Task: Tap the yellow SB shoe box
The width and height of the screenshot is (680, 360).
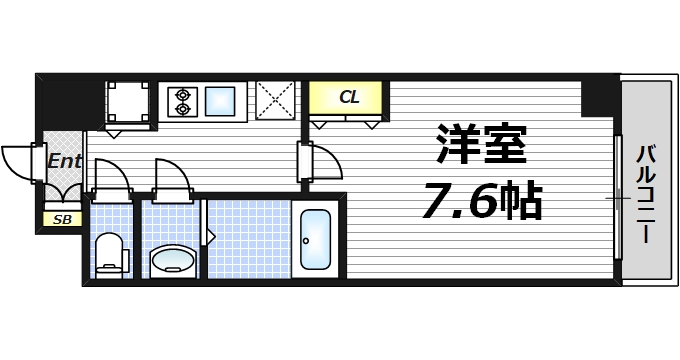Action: [62, 218]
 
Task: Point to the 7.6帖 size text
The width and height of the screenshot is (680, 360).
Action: [480, 203]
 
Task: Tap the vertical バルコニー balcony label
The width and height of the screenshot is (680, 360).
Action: [645, 195]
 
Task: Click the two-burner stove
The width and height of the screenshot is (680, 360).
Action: [183, 100]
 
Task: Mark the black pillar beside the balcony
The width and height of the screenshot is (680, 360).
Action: [599, 96]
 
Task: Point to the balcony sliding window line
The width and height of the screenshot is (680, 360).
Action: [616, 195]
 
